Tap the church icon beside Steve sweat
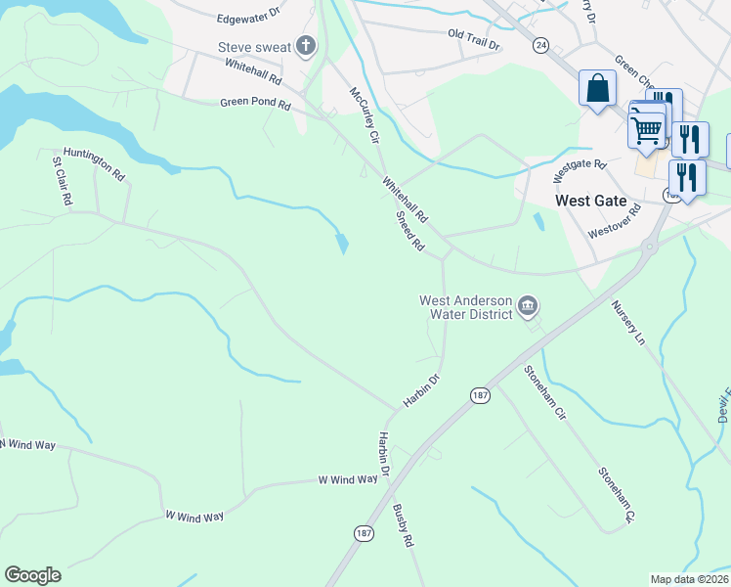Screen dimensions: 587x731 (306, 45)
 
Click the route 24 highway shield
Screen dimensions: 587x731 (540, 44)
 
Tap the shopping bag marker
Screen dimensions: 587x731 (595, 87)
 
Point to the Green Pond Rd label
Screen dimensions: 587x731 (255, 103)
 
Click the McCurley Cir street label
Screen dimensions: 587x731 (364, 114)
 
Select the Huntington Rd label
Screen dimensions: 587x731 (94, 163)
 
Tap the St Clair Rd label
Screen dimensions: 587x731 (61, 181)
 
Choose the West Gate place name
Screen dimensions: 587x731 (590, 201)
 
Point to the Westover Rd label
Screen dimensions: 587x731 (615, 221)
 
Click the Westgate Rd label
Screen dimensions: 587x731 (574, 171)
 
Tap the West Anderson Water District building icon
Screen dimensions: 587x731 (528, 306)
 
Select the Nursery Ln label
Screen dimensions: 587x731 (628, 323)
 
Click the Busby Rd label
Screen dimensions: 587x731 (404, 525)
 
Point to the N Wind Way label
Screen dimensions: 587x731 (28, 445)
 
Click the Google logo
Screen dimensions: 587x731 (32, 575)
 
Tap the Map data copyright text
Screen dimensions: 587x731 (690, 579)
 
